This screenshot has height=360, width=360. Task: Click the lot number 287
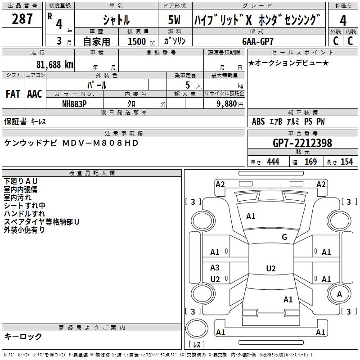click(23, 19)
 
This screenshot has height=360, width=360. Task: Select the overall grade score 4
click(343, 20)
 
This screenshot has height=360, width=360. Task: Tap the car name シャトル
click(116, 20)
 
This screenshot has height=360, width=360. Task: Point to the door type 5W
click(175, 20)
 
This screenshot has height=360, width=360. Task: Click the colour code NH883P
click(75, 103)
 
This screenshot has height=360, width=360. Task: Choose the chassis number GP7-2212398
click(302, 143)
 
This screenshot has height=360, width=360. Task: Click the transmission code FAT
click(13, 94)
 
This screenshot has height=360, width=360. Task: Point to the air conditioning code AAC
click(35, 94)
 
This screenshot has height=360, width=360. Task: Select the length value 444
click(273, 162)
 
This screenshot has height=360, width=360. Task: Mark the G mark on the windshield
click(284, 237)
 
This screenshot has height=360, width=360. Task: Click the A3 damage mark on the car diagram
click(215, 268)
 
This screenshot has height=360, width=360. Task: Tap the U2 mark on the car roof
click(270, 269)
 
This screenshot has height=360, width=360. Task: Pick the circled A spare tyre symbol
click(339, 294)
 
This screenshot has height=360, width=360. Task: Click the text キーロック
click(23, 336)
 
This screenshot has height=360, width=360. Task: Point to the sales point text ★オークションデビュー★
click(288, 63)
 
